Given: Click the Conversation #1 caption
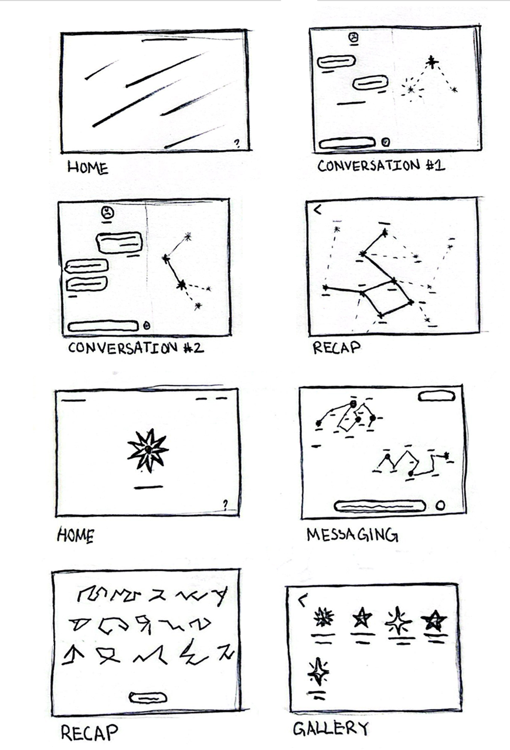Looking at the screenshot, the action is [381, 166].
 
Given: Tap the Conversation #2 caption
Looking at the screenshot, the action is [136, 348].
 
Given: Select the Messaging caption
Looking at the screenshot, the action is [352, 535].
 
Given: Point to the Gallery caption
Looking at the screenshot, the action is [331, 728].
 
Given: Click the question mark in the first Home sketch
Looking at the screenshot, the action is [237, 144].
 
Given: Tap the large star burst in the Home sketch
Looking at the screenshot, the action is [148, 450].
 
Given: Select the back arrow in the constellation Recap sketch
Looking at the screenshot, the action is [317, 210].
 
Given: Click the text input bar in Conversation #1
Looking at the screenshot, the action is [347, 144].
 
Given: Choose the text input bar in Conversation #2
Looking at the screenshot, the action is [103, 326].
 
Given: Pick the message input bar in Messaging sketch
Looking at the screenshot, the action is [380, 505].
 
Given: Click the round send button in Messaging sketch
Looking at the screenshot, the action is [441, 505].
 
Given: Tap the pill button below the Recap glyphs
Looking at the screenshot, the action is [148, 698].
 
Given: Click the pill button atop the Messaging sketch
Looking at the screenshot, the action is [437, 396].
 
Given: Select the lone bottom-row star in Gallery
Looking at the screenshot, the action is [318, 671].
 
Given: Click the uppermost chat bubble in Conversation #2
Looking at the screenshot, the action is [119, 243].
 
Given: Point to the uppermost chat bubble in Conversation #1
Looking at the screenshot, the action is [336, 62].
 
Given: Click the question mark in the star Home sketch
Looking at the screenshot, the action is [225, 504].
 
